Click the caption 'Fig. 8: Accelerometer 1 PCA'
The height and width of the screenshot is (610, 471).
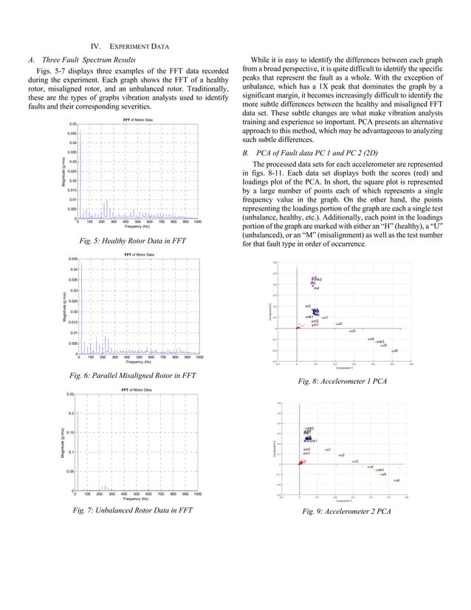click(343, 381)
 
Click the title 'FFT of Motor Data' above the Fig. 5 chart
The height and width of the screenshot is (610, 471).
click(137, 119)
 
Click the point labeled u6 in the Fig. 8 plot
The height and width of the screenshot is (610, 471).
click(392, 351)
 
